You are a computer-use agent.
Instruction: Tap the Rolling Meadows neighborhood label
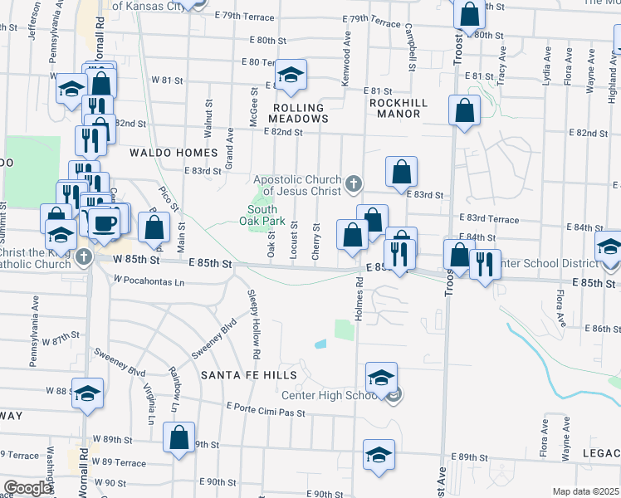[298, 113]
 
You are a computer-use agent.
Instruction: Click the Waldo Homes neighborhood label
[173, 153]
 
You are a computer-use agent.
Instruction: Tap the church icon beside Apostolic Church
[353, 183]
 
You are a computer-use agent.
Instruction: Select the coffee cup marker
[105, 222]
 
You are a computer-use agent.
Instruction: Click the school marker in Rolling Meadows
[291, 76]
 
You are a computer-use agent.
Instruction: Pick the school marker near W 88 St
[87, 394]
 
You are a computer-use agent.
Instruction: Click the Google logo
[27, 488]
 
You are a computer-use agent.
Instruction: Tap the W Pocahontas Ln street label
[149, 281]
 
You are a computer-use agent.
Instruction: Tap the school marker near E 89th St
[379, 455]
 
